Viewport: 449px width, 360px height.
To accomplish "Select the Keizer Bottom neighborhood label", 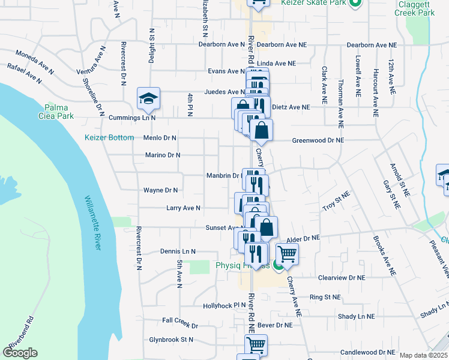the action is (x=109, y=137).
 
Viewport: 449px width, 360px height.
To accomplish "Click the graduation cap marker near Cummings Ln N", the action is (x=148, y=98).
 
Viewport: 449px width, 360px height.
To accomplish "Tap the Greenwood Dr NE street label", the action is (x=318, y=140).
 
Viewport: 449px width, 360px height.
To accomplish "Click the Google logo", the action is (x=20, y=353).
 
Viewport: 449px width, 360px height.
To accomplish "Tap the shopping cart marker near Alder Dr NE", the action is (x=287, y=253).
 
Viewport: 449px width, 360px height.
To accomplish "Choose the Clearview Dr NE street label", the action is (x=342, y=278).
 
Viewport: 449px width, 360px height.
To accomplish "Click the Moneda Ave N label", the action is (x=35, y=61).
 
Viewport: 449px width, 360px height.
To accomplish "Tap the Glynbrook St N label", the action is (x=171, y=339).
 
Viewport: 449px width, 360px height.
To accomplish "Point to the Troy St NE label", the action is (x=336, y=202).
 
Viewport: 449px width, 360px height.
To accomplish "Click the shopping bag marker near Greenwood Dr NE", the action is (x=262, y=130).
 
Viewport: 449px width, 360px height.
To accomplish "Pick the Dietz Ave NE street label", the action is (x=291, y=107).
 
